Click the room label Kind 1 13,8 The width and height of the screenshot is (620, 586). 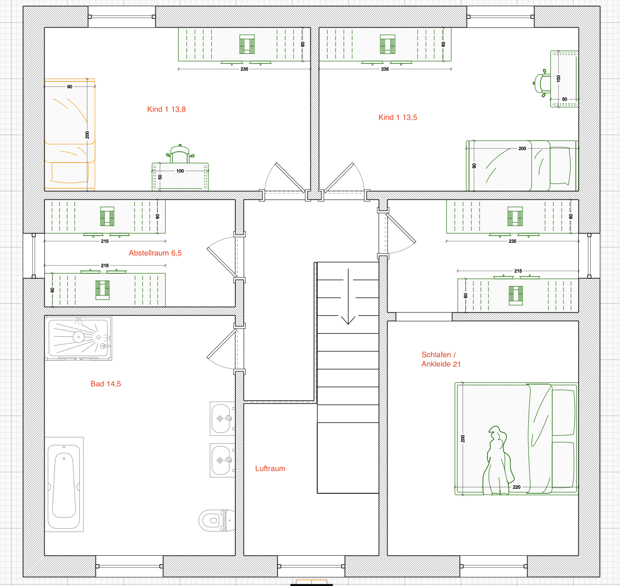pos(166,109)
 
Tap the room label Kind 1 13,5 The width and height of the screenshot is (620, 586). pos(398,117)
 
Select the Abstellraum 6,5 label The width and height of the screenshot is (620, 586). pos(155,253)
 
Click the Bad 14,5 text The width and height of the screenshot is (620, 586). pos(106,384)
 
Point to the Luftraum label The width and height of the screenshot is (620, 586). pos(270,468)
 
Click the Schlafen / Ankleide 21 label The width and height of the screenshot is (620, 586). pos(441,359)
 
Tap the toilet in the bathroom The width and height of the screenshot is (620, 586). pos(217,521)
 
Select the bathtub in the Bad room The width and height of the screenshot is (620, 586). pos(64,484)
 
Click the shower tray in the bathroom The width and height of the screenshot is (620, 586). pos(78,338)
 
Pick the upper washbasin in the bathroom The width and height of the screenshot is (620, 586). pos(222,419)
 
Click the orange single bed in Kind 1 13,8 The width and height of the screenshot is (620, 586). pos(70,134)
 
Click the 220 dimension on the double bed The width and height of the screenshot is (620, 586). pos(516,487)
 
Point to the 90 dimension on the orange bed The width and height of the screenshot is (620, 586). pos(69,87)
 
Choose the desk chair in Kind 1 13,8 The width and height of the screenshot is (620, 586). pos(180,154)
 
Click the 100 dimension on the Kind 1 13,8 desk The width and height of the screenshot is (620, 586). pos(180,171)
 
